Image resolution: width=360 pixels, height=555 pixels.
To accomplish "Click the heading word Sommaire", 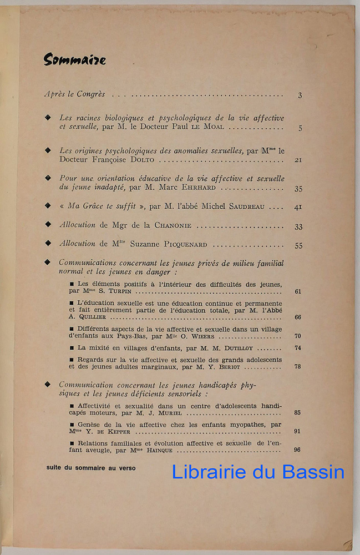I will [74, 60].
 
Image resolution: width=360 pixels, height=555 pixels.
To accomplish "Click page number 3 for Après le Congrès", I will [300, 95].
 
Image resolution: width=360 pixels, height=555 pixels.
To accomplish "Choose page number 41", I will [298, 207].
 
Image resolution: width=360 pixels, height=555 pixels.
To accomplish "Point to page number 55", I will [298, 245].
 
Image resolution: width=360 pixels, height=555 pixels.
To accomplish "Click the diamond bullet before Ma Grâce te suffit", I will [63, 206].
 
